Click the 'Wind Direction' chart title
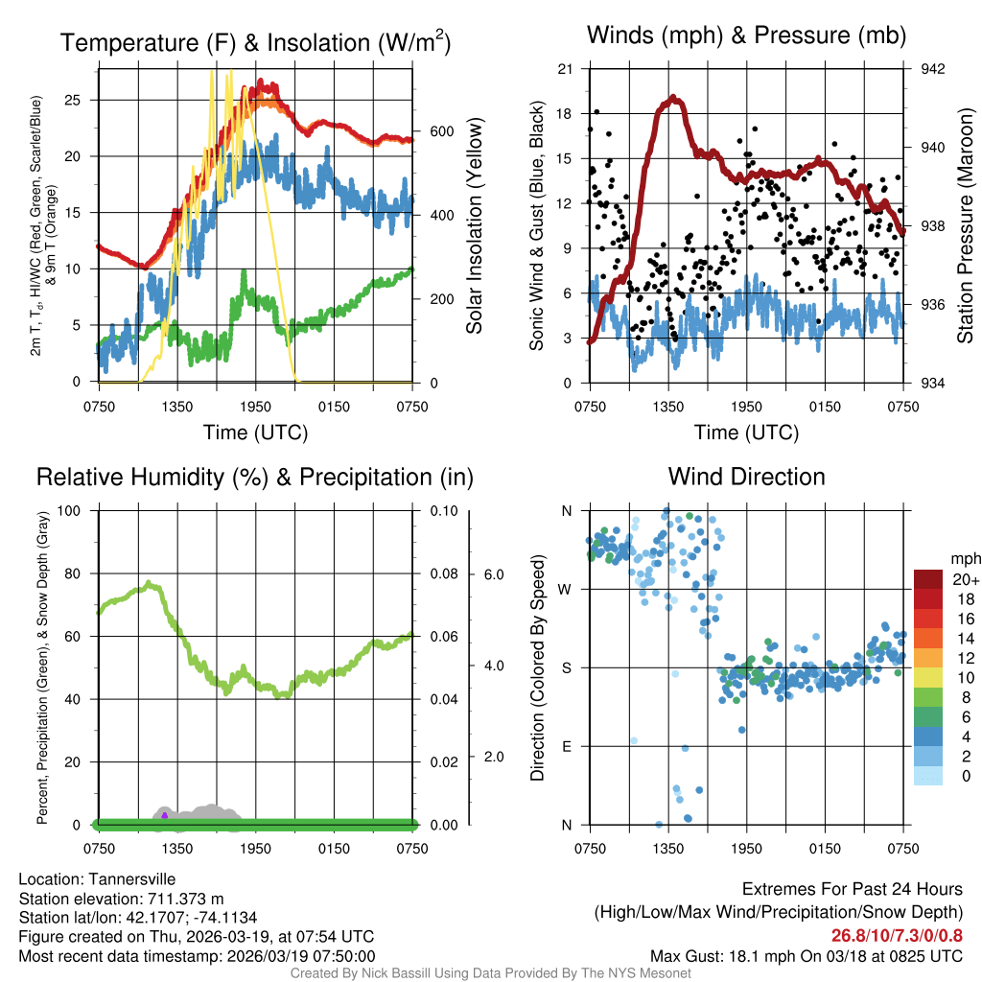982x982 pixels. [746, 477]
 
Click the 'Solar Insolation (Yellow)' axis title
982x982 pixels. [475, 225]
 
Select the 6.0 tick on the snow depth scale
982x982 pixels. [491, 574]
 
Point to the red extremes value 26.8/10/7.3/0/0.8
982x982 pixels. [897, 935]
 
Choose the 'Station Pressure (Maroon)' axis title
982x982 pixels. [966, 225]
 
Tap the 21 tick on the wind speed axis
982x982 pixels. [565, 69]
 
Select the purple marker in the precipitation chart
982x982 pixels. [165, 815]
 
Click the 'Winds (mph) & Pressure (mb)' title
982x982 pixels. [746, 36]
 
